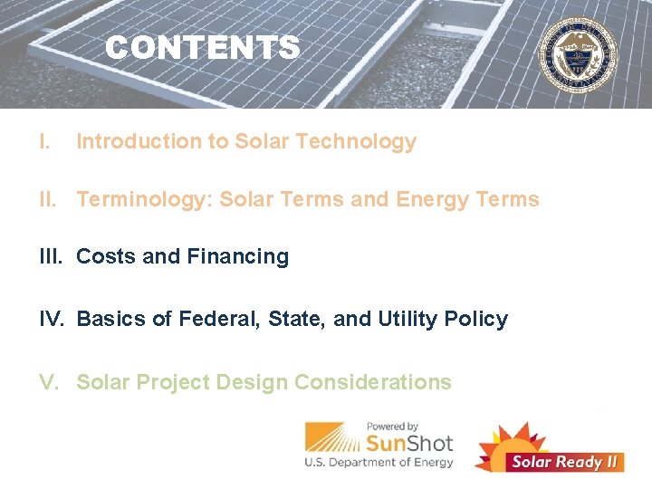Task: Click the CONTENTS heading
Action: (202, 48)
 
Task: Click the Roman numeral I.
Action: (43, 141)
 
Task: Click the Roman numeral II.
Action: (51, 199)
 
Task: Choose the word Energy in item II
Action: (431, 199)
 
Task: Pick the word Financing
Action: (237, 257)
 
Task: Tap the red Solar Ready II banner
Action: (565, 461)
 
